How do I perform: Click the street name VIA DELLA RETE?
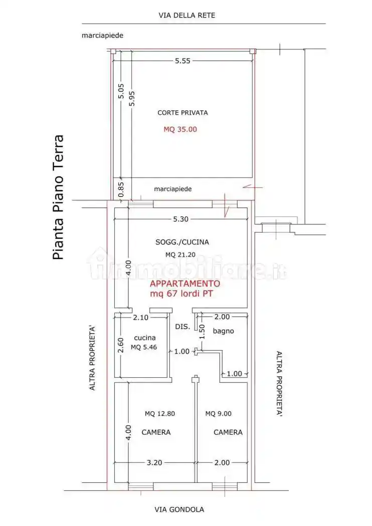click(x=187, y=16)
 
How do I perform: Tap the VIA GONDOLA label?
click(x=179, y=509)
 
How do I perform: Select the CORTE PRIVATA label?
click(x=182, y=113)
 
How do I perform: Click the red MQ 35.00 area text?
click(x=180, y=129)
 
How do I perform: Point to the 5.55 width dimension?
click(x=182, y=61)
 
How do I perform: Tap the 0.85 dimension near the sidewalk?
click(x=121, y=188)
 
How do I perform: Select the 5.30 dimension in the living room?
click(x=181, y=219)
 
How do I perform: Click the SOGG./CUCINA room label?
click(x=182, y=242)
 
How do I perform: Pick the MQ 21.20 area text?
click(x=180, y=254)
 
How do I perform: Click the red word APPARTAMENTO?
click(x=184, y=284)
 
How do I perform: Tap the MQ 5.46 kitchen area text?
click(x=144, y=347)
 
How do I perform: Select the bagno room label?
click(x=223, y=331)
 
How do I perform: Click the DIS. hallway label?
click(x=182, y=327)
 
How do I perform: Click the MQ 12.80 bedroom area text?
click(x=160, y=414)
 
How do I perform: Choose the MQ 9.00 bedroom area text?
click(x=218, y=414)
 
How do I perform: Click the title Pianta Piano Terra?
click(x=59, y=197)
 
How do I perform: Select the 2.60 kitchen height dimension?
click(x=121, y=345)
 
